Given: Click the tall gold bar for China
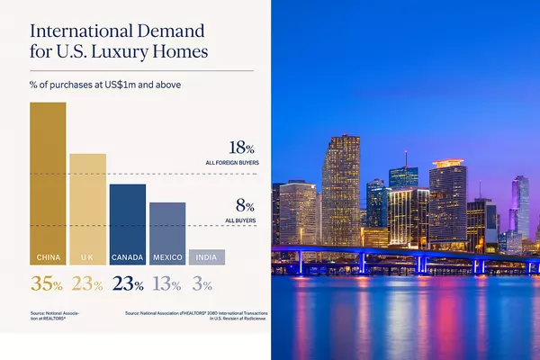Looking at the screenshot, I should point(48,180).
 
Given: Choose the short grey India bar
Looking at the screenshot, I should point(206,257).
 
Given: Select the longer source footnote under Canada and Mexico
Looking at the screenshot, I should point(193,315).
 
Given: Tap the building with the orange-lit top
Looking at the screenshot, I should point(447,198).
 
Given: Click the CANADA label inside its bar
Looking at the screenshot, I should point(127,257).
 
